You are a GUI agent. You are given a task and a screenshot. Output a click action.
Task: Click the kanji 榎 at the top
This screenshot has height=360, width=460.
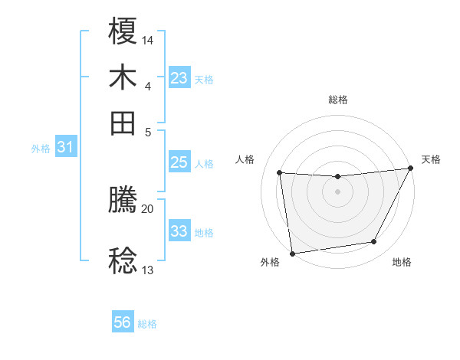point(123,31)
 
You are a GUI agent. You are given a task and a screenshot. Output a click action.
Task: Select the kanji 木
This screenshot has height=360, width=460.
point(123,78)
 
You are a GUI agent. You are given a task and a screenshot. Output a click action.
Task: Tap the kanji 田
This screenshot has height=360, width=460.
point(123,123)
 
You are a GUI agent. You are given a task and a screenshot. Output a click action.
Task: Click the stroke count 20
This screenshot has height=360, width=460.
point(147,208)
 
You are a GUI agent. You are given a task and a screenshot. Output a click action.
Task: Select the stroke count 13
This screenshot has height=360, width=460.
point(147,270)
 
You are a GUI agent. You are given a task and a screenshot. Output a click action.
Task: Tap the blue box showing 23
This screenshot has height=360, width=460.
point(179,78)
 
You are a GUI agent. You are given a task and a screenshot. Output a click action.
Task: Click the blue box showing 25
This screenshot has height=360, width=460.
point(179,162)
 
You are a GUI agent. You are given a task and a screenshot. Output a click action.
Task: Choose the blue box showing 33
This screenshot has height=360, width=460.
point(179,231)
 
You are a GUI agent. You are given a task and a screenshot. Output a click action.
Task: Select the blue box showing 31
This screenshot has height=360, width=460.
point(64,147)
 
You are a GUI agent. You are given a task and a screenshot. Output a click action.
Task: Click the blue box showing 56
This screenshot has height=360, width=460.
point(122,322)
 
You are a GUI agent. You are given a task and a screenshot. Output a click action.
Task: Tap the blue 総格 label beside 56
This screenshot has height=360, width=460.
point(147,324)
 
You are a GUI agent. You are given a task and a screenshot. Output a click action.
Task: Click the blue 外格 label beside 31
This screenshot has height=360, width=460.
point(41,149)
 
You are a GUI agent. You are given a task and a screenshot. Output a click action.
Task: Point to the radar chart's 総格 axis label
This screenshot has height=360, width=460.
point(337,100)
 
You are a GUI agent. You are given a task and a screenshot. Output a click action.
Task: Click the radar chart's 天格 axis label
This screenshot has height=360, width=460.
point(431,159)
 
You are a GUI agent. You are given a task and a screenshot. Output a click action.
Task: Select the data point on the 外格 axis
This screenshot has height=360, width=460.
point(292,253)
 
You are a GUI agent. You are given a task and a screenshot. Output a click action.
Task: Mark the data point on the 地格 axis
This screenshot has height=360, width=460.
point(374,242)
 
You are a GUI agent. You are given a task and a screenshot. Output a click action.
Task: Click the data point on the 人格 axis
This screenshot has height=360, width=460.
point(280,173)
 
